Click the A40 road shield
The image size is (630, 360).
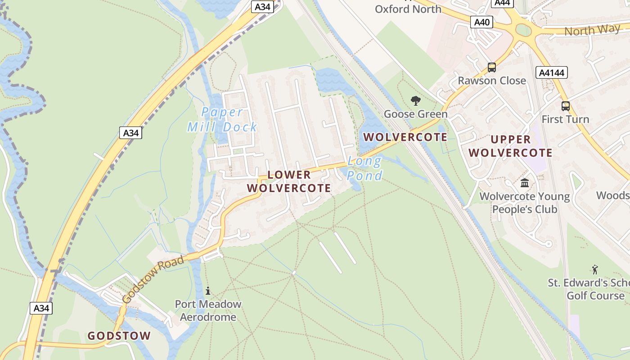click(x=481, y=22)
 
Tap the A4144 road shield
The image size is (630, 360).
click(x=552, y=72)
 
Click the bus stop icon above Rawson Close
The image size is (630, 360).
click(x=492, y=67)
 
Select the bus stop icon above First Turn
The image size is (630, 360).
click(x=566, y=106)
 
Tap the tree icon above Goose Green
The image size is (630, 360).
click(x=416, y=101)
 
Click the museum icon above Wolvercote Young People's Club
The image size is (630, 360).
click(x=525, y=183)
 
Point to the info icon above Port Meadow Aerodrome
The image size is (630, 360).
click(x=208, y=291)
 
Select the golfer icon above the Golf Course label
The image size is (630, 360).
click(x=595, y=270)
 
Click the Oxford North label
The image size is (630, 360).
click(x=408, y=9)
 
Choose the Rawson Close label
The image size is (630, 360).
click(x=492, y=81)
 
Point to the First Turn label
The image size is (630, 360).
click(x=565, y=119)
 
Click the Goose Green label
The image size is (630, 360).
click(x=415, y=114)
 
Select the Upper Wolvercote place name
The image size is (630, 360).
click(x=510, y=146)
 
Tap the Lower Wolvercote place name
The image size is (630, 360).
click(x=289, y=181)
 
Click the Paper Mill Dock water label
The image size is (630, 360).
click(x=222, y=120)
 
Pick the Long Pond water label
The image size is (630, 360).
click(x=364, y=168)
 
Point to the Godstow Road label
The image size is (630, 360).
click(x=153, y=279)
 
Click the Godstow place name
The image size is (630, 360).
click(x=119, y=336)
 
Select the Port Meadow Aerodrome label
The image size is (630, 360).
click(x=208, y=310)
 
